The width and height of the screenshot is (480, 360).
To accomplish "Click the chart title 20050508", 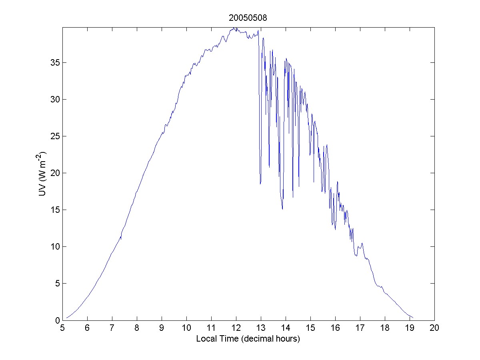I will [x=248, y=18].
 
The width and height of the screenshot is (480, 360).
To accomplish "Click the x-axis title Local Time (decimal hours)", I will [x=248, y=338].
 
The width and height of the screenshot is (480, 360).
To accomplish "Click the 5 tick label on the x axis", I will [x=62, y=328].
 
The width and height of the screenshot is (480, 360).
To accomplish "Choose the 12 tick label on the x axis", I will [x=236, y=328].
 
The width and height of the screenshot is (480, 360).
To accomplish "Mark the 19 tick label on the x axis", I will [x=410, y=328].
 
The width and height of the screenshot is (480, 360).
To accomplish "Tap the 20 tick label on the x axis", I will [x=434, y=328].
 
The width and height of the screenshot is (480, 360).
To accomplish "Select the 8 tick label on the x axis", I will [x=137, y=328].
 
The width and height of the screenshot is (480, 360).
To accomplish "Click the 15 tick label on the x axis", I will [x=310, y=328].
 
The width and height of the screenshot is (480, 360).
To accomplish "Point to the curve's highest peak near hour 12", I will [x=234, y=28].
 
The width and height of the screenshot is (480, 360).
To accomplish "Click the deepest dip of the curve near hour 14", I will [x=282, y=209].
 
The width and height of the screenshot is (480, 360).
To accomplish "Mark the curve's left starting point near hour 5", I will [x=67, y=318].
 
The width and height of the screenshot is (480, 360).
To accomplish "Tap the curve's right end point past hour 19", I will [x=413, y=318].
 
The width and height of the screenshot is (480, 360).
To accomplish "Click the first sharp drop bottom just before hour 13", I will [x=260, y=184].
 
